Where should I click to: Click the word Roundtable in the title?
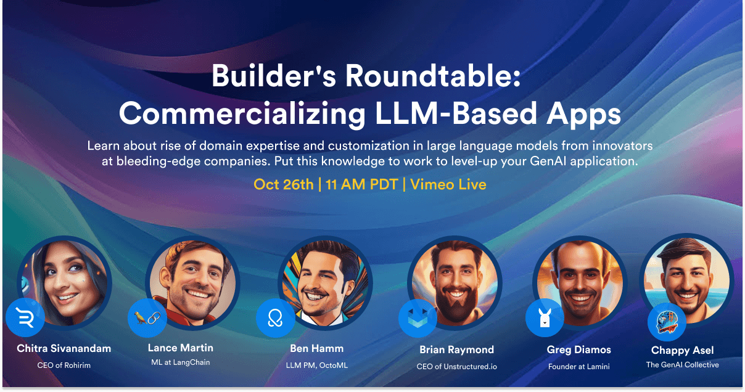433,76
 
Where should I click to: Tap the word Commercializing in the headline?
242,114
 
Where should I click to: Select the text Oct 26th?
284,184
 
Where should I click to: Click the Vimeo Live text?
448,184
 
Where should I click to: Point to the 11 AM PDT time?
362,184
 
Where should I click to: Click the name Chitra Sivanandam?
64,348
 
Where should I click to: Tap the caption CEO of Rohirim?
64,365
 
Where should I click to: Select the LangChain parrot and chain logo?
147,318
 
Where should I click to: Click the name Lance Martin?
181,348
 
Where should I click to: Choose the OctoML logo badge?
276,318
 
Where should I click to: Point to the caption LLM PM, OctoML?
317,365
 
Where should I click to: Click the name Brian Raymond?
456,349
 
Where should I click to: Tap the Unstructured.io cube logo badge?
418,318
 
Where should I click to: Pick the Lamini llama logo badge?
545,318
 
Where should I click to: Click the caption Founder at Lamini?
579,366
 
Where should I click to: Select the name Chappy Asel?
683,351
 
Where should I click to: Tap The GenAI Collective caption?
683,365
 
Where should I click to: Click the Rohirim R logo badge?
25,317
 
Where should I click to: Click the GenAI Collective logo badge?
667,322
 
